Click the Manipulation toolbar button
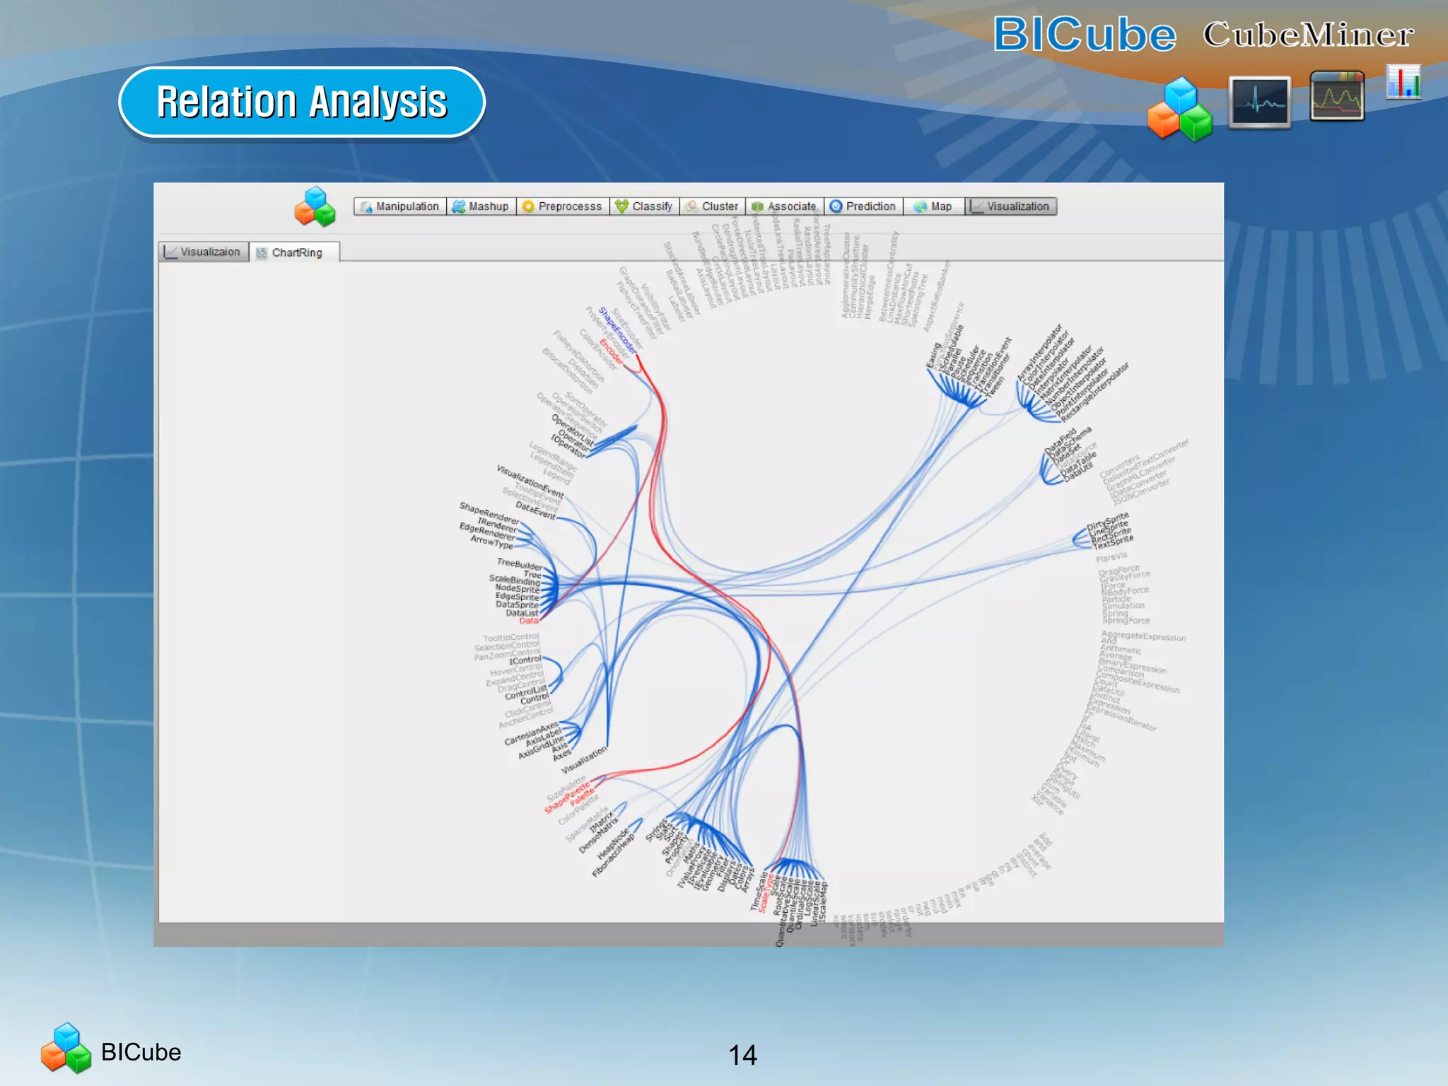(x=400, y=206)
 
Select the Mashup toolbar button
(x=481, y=206)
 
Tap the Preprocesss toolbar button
(x=563, y=206)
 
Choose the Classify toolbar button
(x=644, y=206)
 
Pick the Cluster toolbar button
(x=712, y=206)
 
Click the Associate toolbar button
(x=784, y=206)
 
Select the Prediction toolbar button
(x=863, y=206)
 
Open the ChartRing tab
(x=296, y=252)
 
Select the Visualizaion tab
(x=204, y=252)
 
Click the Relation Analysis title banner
(x=302, y=102)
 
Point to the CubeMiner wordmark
(x=1308, y=35)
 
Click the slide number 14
(x=742, y=1055)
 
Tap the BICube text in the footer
(x=141, y=1052)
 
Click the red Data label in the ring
(x=529, y=621)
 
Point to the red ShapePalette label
(x=566, y=797)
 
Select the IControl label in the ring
(x=525, y=660)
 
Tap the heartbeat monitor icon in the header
(x=1260, y=103)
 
